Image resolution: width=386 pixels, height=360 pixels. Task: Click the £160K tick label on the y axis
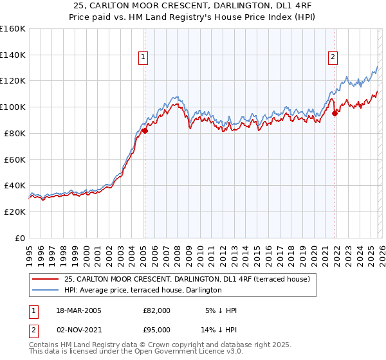point(13,29)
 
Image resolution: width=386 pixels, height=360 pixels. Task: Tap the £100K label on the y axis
point(13,107)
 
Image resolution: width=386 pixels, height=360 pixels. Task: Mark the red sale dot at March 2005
point(145,130)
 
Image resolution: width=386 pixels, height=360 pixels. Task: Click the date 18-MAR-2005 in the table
point(79,310)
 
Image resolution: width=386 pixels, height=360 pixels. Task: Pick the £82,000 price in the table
point(157,310)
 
